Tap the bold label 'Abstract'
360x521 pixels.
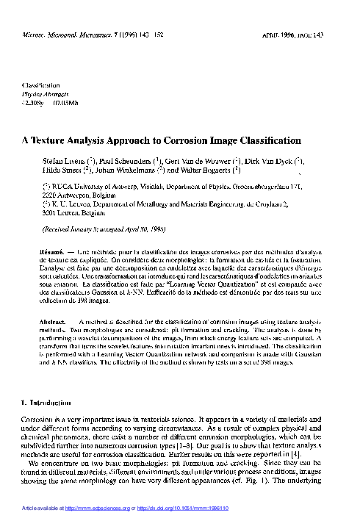click(x=53, y=323)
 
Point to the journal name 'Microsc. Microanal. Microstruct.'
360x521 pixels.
click(x=66, y=35)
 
